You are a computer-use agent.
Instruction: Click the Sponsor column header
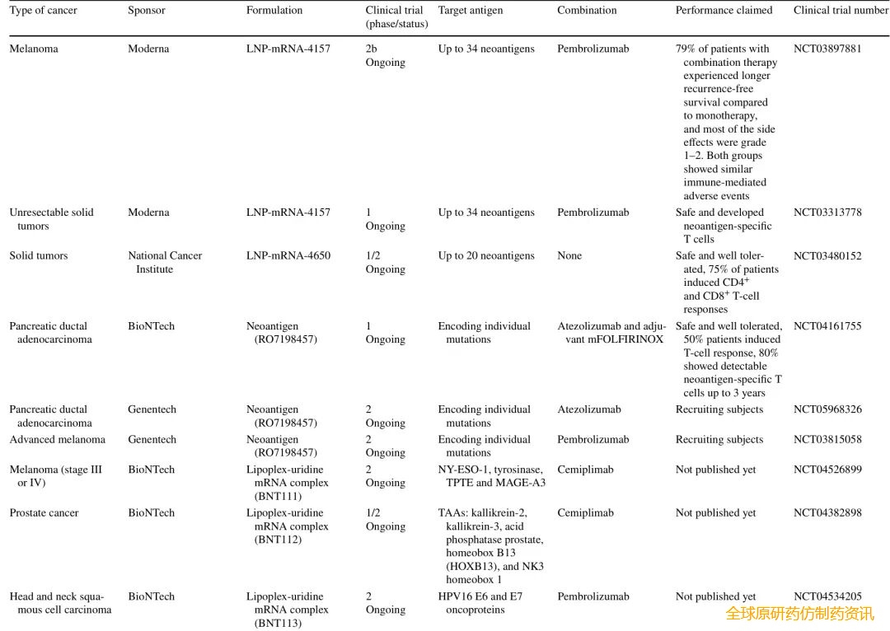[147, 11]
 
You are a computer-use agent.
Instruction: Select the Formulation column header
[274, 11]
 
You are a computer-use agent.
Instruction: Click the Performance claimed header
[724, 11]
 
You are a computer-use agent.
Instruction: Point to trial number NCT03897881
[827, 49]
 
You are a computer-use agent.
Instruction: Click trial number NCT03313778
[827, 213]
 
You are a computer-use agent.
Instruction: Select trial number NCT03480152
[827, 256]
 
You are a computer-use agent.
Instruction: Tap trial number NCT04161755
[827, 326]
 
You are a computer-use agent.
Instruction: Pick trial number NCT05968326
[827, 409]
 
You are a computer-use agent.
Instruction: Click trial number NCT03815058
[827, 440]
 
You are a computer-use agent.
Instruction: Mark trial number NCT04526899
[827, 470]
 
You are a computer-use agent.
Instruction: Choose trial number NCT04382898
[827, 513]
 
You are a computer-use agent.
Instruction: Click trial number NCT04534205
[827, 596]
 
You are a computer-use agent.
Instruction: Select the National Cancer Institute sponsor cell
[165, 263]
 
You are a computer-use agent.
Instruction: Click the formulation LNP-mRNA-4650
[288, 256]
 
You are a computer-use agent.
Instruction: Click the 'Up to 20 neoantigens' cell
[486, 256]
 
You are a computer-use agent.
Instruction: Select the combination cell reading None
[569, 256]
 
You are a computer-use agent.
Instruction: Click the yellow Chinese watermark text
[799, 614]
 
